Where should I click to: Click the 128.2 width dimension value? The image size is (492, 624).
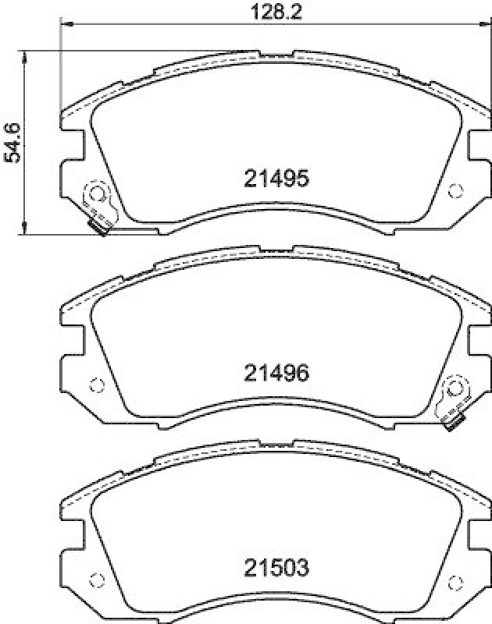pos(266,12)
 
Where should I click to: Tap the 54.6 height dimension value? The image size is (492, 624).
pos(12,143)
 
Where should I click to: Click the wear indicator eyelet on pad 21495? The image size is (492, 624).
pos(98,192)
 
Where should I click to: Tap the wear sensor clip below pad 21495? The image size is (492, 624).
pos(99,228)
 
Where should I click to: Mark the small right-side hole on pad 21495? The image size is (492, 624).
pos(456,190)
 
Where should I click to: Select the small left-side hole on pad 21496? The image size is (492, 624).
pos(98,384)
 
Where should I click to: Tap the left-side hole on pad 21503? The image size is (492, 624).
pos(98,580)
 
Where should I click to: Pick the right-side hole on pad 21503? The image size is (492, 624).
pos(456,580)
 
